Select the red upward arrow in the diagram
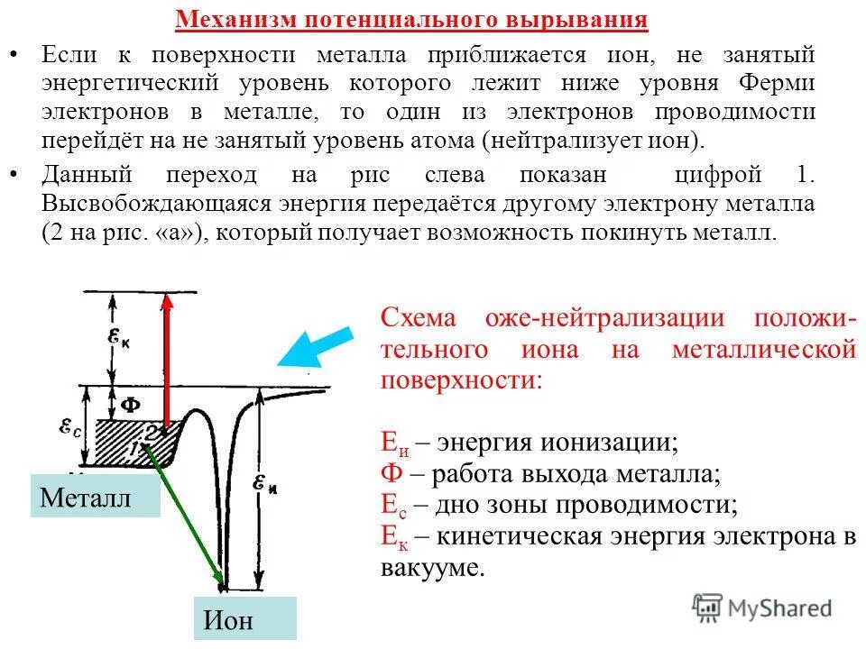pos(166,361)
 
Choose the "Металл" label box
pos(95,497)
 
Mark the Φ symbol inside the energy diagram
pos(130,404)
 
